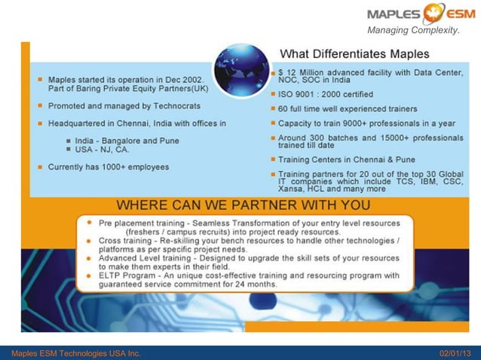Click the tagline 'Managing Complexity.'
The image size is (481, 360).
(413, 30)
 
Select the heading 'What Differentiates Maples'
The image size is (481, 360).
(354, 54)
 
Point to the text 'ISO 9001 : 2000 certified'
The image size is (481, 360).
(326, 95)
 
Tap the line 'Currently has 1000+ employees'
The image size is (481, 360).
(108, 166)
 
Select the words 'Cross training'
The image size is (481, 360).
(124, 240)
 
